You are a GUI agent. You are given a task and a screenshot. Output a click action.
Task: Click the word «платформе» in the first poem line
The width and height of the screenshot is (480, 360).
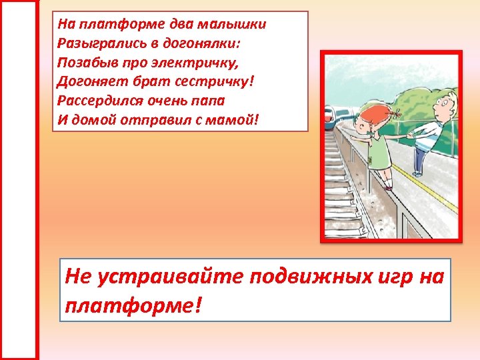click(x=109, y=25)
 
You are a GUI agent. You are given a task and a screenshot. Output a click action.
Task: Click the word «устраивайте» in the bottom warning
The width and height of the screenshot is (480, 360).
click(x=169, y=276)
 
